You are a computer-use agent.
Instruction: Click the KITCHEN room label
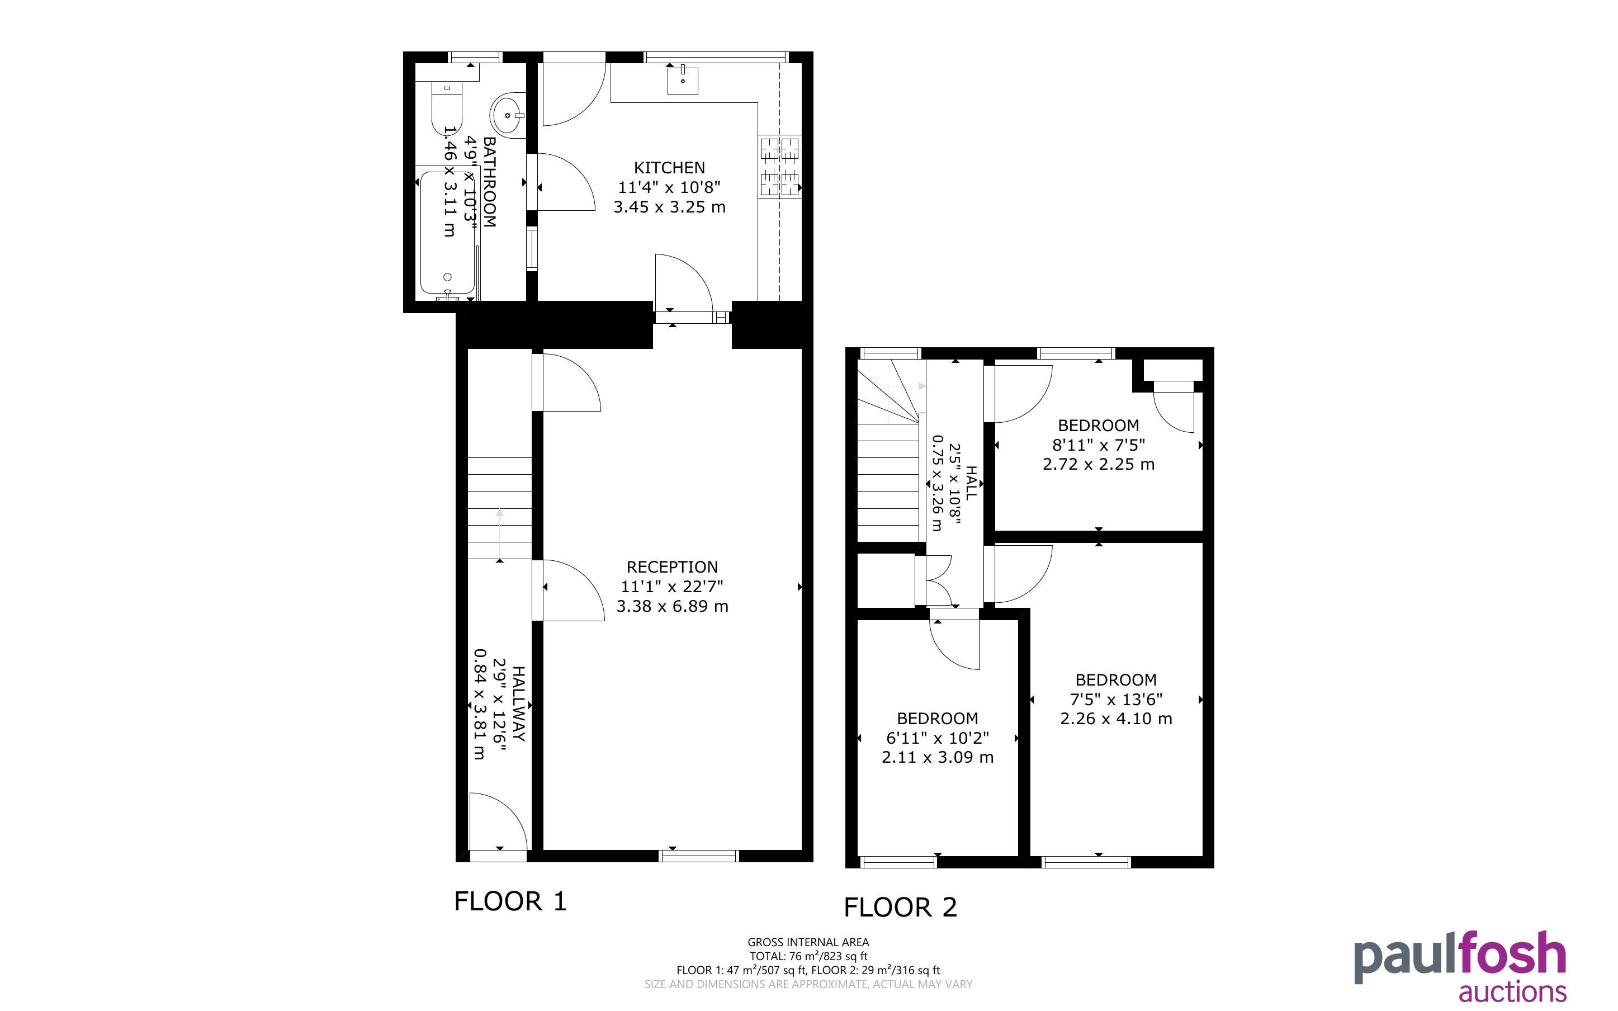(669, 168)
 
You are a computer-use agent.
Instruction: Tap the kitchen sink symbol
(683, 81)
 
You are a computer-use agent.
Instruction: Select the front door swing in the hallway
(498, 821)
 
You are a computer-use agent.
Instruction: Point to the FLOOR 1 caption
(510, 901)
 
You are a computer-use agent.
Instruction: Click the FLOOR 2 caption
(900, 908)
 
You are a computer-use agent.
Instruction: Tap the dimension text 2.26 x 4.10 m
(1116, 719)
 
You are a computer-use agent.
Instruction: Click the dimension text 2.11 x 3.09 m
(938, 758)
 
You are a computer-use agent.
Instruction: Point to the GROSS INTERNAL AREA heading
(808, 942)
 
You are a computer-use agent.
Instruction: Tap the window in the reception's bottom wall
(699, 856)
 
